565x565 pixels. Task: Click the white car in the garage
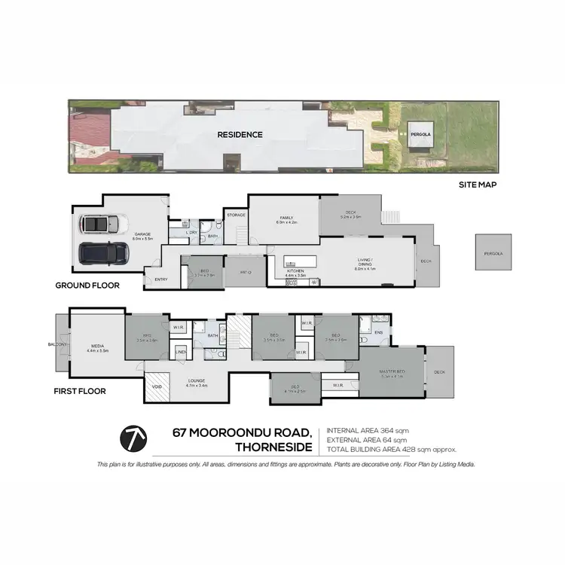click(99, 224)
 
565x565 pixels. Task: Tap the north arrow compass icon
click(133, 438)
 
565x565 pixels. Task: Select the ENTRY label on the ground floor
click(161, 279)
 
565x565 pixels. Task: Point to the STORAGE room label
click(236, 215)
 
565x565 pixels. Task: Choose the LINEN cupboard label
click(181, 352)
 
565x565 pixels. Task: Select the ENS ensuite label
click(379, 332)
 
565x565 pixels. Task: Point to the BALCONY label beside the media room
click(59, 344)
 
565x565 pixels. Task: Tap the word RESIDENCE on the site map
click(240, 135)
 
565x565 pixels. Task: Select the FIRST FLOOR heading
click(80, 391)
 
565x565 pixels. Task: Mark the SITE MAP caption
click(478, 184)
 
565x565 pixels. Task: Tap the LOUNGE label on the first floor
click(197, 380)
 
